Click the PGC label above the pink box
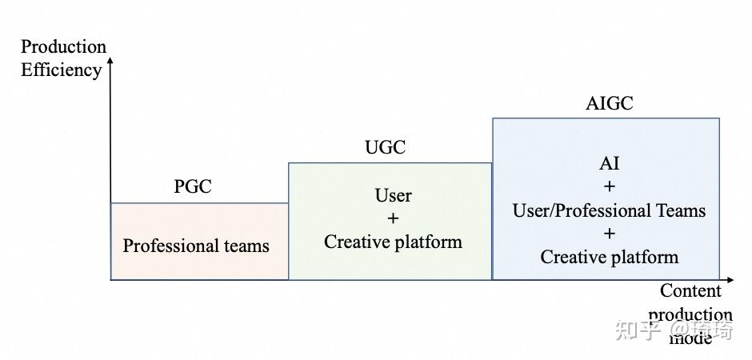click(193, 187)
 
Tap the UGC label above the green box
click(385, 147)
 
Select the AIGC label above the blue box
click(609, 103)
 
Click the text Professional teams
click(196, 245)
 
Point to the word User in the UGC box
click(393, 195)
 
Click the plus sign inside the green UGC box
click(393, 218)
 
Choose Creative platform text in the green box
click(393, 242)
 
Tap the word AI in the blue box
click(609, 164)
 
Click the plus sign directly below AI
click(609, 187)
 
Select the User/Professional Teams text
click(609, 210)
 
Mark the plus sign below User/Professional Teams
click(609, 234)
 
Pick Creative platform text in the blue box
click(609, 257)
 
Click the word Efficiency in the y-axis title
click(62, 70)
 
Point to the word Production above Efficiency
click(63, 46)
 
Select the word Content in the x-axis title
click(690, 291)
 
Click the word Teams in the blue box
click(679, 210)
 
